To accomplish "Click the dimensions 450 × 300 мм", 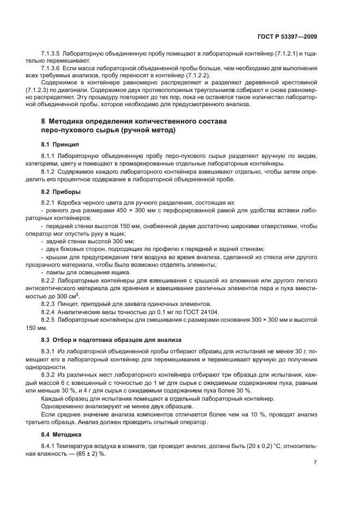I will [131, 210].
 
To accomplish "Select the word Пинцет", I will [75, 304].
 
